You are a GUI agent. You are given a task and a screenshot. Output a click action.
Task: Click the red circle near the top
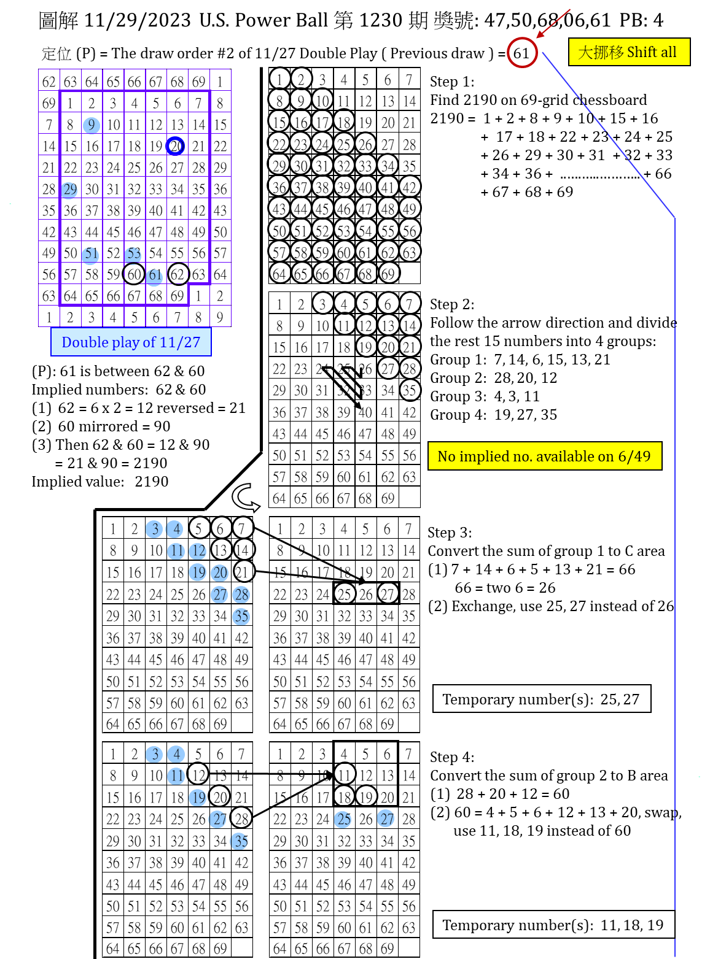(523, 52)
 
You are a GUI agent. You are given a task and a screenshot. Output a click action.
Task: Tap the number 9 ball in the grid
(92, 125)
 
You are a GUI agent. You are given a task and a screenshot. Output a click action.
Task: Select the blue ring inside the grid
(175, 145)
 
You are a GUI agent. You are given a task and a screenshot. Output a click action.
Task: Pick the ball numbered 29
(69, 190)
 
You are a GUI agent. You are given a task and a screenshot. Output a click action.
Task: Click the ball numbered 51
(90, 255)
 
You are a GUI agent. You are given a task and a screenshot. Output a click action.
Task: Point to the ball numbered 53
(133, 255)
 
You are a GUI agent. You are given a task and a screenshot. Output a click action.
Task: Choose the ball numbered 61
(154, 276)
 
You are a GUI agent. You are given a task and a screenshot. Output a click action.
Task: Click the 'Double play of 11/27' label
(131, 342)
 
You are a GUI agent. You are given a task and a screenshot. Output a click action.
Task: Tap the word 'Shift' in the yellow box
(642, 52)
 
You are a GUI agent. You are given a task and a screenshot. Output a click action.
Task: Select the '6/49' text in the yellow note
(634, 456)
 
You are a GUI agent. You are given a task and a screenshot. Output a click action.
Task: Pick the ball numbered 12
(198, 551)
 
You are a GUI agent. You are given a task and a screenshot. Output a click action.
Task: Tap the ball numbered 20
(220, 573)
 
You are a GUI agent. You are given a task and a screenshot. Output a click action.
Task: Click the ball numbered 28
(241, 595)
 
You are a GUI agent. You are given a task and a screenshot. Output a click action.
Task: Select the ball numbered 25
(343, 819)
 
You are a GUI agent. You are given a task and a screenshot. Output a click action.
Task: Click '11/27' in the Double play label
(179, 342)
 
